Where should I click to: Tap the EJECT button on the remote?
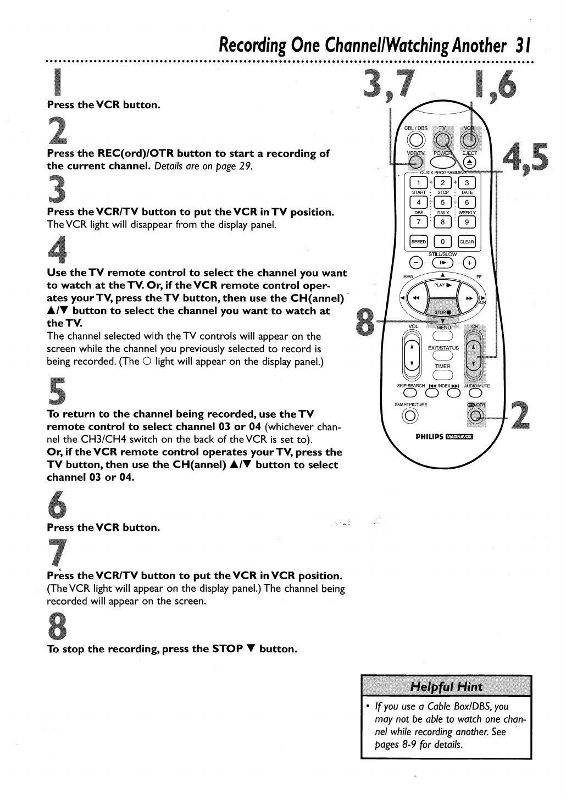click(468, 162)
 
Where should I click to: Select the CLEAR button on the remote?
click(467, 242)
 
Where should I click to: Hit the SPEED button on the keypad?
click(418, 242)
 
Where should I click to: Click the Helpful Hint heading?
click(446, 686)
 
